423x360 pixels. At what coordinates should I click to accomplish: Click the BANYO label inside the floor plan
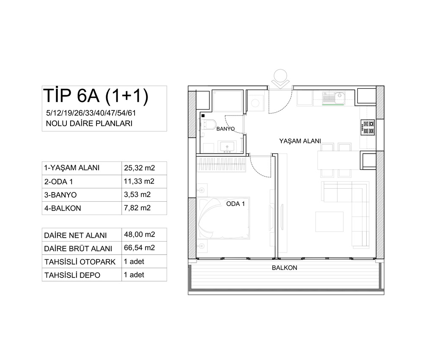click(x=225, y=129)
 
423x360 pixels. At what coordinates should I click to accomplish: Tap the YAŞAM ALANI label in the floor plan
click(x=300, y=141)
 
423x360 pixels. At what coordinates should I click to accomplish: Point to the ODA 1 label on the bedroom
click(x=236, y=204)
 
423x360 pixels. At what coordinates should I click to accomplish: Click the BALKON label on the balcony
click(x=284, y=268)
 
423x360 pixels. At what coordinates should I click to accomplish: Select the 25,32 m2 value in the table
click(x=140, y=168)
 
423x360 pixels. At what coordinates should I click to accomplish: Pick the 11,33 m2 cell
click(x=139, y=181)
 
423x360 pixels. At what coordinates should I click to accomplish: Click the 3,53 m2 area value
click(x=137, y=195)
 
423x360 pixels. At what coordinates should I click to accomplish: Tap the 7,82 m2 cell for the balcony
click(x=137, y=208)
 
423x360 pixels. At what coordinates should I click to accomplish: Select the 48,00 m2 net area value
click(x=140, y=234)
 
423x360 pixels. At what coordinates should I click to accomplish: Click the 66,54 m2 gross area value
click(x=140, y=248)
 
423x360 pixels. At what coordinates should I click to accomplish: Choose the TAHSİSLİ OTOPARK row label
click(x=80, y=262)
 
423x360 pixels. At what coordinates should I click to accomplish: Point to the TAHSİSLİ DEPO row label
click(x=72, y=275)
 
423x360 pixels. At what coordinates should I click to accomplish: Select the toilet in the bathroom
click(x=208, y=124)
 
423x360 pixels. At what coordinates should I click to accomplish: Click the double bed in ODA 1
click(x=223, y=218)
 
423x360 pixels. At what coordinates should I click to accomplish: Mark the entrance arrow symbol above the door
click(x=280, y=80)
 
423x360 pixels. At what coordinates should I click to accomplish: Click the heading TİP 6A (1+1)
click(x=96, y=96)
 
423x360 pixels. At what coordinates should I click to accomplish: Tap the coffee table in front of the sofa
click(x=330, y=222)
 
